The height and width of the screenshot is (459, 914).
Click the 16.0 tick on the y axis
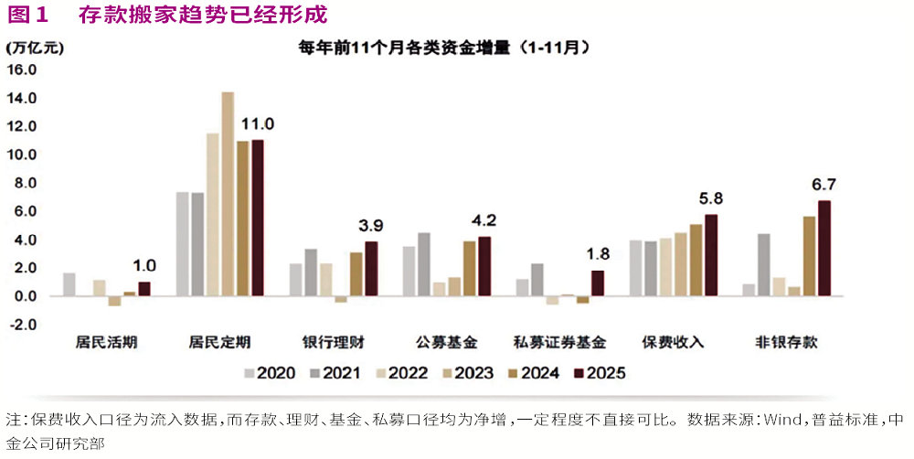[22, 69]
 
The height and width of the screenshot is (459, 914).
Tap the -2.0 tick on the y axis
[22, 325]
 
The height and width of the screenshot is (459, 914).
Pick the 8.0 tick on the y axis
[22, 183]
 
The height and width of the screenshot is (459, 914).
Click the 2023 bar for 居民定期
[228, 194]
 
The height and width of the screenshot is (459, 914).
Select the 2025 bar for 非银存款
[824, 248]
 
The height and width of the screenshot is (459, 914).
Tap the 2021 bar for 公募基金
[424, 264]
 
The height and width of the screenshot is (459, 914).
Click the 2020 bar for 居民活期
[69, 284]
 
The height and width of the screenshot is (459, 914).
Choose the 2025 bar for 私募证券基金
[597, 283]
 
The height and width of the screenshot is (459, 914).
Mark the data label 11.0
[257, 124]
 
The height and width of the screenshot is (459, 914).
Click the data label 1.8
[597, 253]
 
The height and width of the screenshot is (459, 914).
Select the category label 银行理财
[333, 343]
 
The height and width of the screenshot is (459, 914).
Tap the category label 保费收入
[675, 343]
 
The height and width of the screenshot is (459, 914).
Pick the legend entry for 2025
[599, 373]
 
